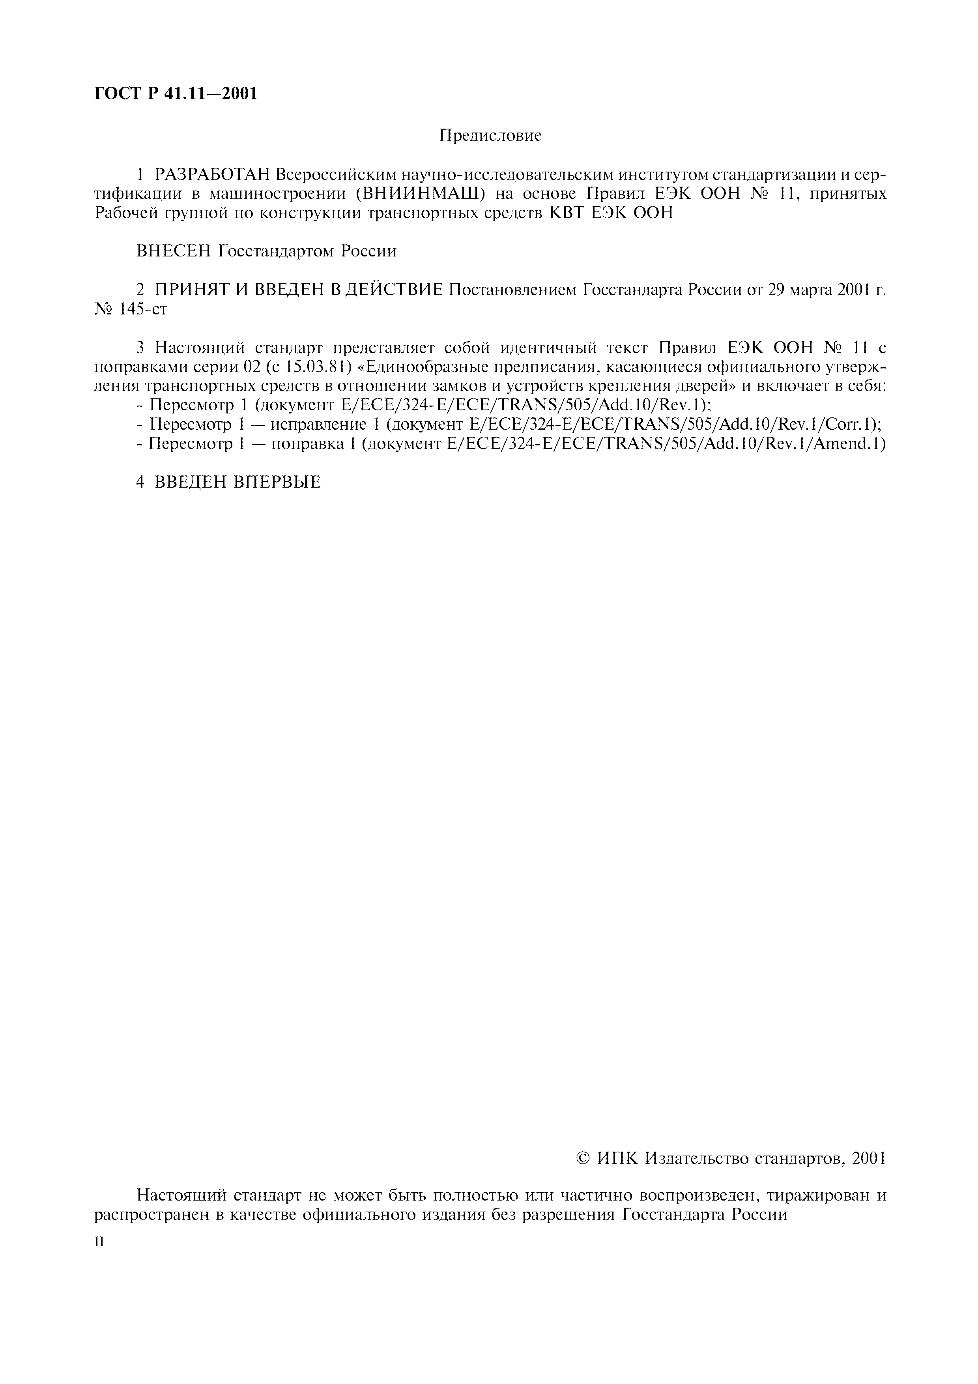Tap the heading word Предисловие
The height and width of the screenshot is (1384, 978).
tap(490, 136)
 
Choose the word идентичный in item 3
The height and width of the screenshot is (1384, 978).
tap(554, 348)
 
